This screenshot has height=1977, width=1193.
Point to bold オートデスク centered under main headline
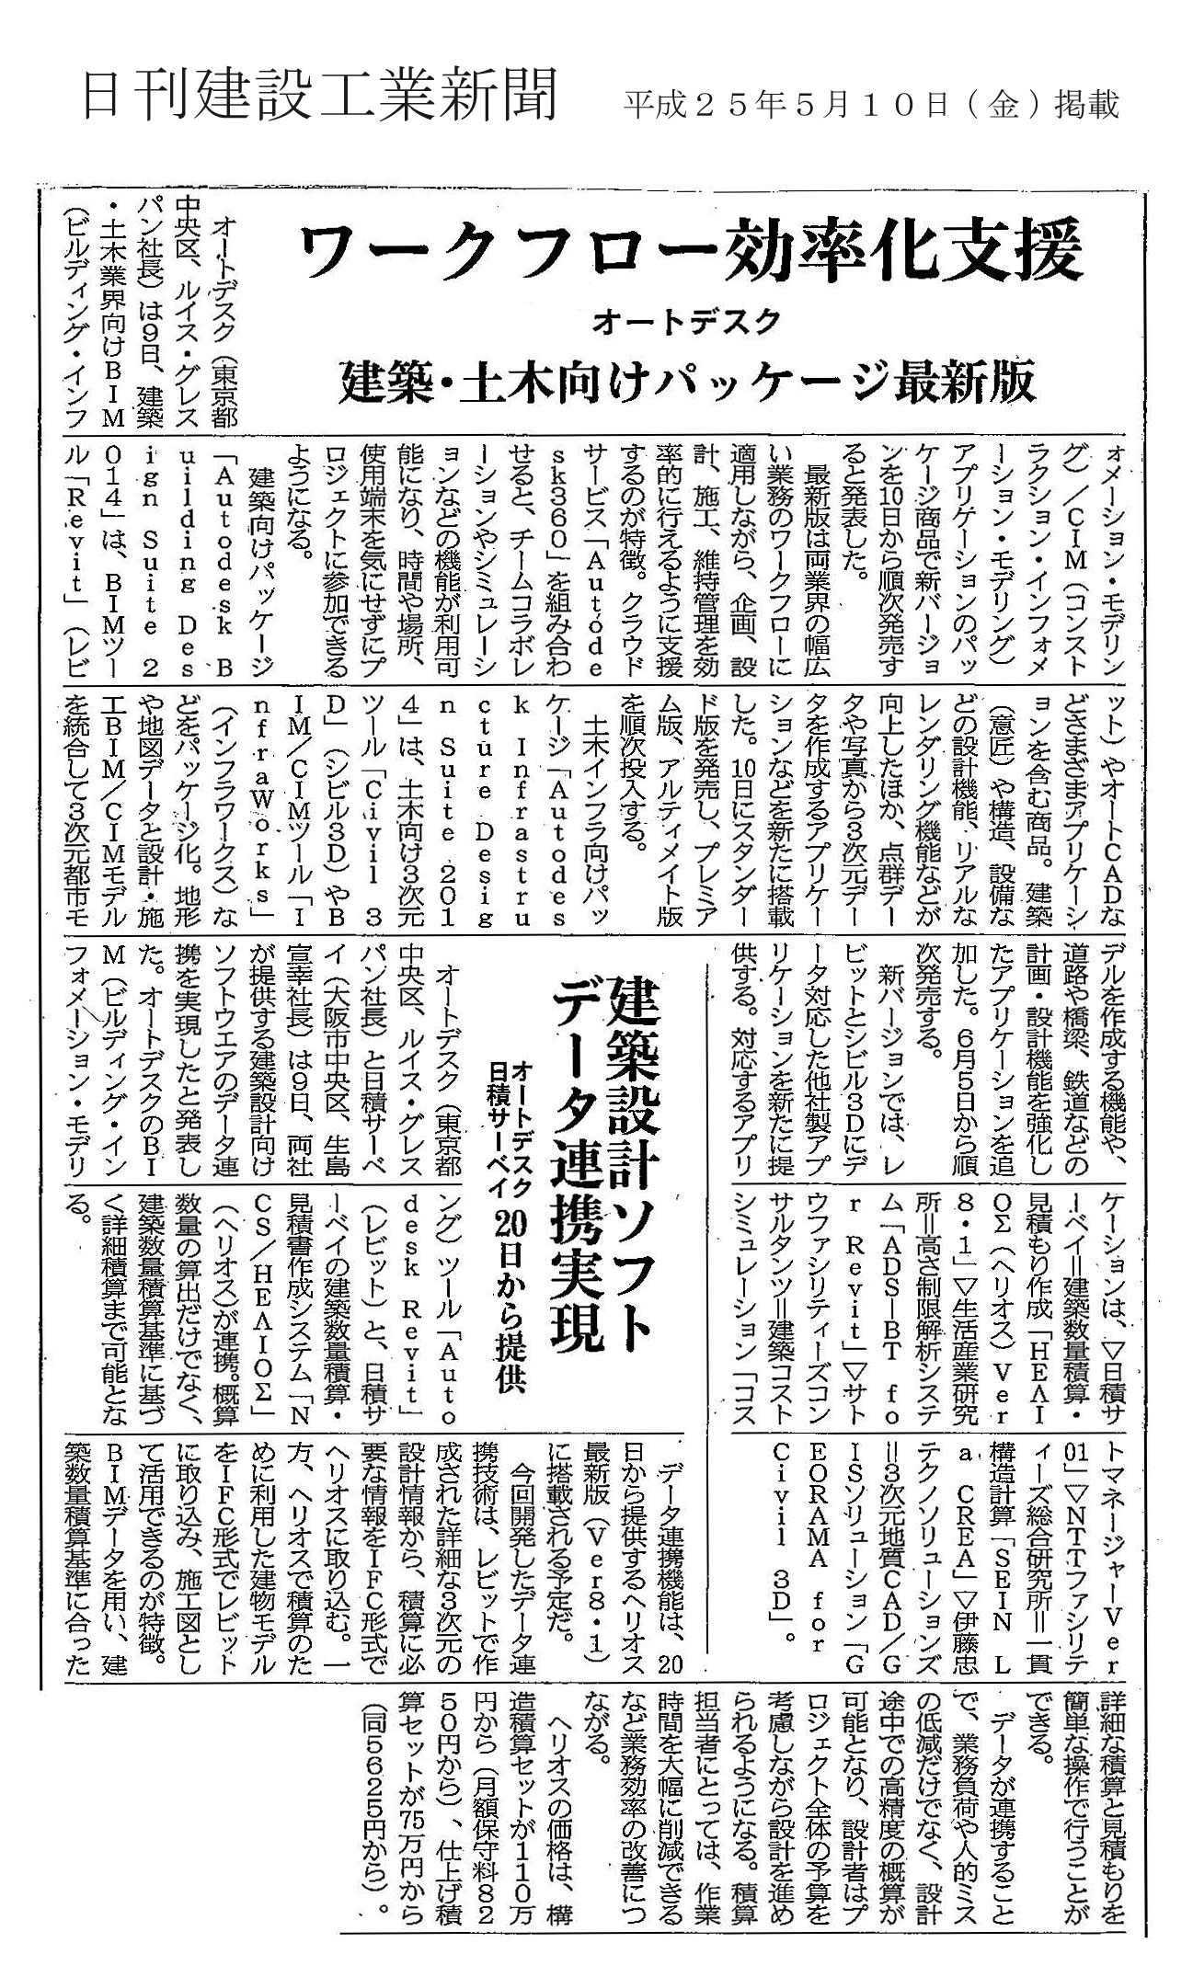click(x=686, y=321)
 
